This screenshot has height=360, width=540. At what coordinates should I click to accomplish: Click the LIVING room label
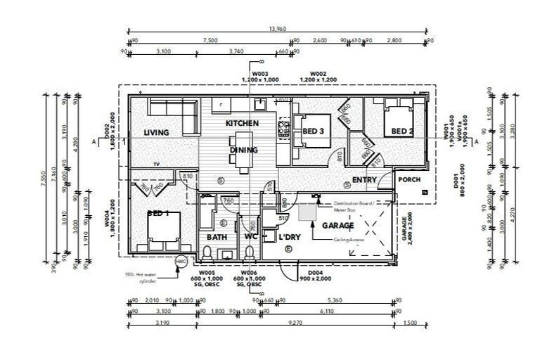[x=156, y=133]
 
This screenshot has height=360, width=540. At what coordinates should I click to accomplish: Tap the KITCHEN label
[x=242, y=123]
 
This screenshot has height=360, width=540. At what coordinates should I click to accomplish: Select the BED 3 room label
[x=314, y=131]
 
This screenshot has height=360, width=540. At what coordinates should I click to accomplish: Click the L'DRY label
[x=290, y=237]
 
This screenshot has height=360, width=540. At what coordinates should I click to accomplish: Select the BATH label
[x=216, y=237]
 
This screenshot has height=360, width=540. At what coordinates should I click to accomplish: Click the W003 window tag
[x=261, y=72]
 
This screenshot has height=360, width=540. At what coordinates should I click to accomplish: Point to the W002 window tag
[x=320, y=72]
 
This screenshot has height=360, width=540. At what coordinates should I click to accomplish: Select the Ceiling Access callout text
[x=349, y=240]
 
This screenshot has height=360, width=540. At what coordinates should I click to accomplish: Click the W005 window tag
[x=207, y=271]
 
